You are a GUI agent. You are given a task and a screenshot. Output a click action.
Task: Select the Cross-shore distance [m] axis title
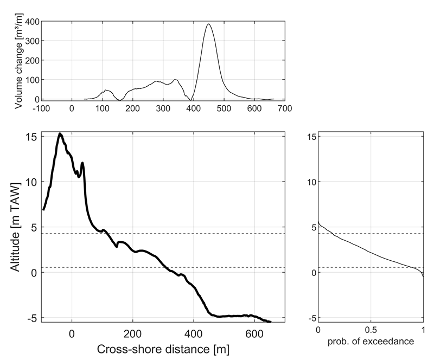point(163,349)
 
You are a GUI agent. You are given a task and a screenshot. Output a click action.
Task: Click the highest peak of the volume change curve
point(209,24)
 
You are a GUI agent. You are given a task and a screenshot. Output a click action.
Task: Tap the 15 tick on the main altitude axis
point(31,137)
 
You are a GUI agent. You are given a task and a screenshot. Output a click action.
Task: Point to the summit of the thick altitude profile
point(60,133)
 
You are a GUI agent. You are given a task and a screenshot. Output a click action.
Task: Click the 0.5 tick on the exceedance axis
point(371,331)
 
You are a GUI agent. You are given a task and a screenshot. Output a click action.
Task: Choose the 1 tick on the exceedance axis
point(423,331)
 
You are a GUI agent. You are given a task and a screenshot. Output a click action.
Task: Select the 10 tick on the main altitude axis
point(31,182)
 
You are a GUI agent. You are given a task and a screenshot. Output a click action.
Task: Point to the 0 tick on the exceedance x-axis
point(318,331)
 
